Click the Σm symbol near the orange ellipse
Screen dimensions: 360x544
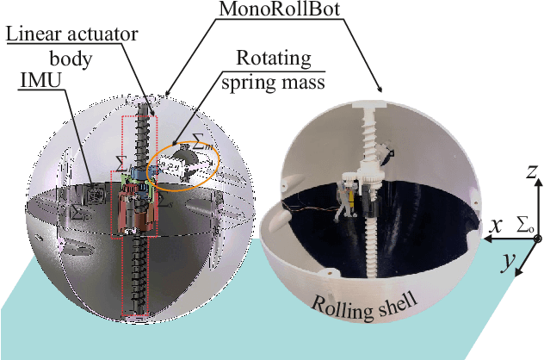coord(203,146)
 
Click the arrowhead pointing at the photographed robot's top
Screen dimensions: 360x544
coord(379,90)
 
